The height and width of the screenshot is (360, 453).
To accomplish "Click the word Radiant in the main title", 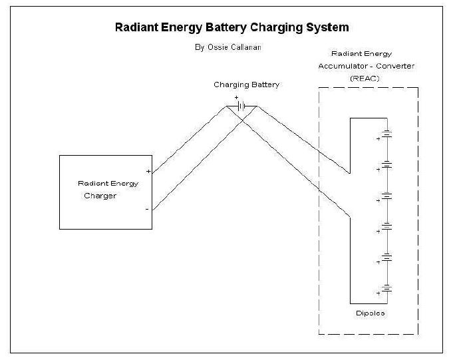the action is tap(136, 27).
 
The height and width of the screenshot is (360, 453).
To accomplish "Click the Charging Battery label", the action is tap(246, 85).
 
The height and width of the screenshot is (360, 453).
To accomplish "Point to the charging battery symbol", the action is tap(241, 106).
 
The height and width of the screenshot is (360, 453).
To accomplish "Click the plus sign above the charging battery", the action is tap(236, 98).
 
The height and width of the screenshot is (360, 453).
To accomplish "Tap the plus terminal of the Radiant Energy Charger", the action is tap(148, 171).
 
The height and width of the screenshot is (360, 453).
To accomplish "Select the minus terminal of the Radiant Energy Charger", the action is tap(147, 209).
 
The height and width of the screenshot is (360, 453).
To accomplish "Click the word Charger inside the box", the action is tap(100, 196).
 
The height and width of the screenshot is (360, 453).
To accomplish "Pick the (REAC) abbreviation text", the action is tap(365, 79).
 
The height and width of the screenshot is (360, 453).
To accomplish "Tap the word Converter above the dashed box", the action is tap(395, 66).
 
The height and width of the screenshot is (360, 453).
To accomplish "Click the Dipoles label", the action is tap(370, 313).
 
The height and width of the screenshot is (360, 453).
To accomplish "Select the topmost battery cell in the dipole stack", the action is tap(387, 134).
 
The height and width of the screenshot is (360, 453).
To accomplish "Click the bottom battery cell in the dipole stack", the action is tap(387, 288).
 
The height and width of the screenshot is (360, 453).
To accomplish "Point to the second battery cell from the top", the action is tap(387, 164).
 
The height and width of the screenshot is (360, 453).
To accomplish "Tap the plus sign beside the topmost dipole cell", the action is tap(378, 139).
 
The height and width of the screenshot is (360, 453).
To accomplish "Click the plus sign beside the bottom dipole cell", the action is tap(378, 293).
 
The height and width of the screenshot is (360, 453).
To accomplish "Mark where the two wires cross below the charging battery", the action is tap(242, 118).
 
